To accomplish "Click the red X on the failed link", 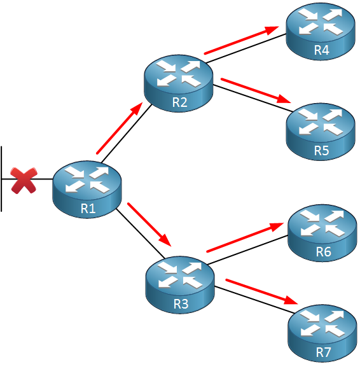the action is (x=24, y=181).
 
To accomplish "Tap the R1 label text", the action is (x=88, y=208).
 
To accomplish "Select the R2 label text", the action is (x=179, y=102).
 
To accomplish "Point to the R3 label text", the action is (x=181, y=303).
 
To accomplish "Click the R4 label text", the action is (x=322, y=50).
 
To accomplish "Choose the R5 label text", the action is (x=322, y=150).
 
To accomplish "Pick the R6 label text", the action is (x=323, y=251).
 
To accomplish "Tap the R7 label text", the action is (x=323, y=352).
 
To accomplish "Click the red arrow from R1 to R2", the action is (x=120, y=129).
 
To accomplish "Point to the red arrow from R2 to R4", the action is (x=242, y=40).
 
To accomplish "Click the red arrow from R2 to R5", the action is (x=256, y=90).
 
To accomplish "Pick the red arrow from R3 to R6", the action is (x=245, y=237).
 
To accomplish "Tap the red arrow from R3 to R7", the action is (x=261, y=291).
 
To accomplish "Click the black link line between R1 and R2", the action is (x=127, y=133).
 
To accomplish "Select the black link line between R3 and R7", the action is (x=254, y=300).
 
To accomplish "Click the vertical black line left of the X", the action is (x=1, y=179).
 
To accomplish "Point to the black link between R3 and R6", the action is (x=248, y=249).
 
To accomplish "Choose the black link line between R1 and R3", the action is (x=140, y=233).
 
